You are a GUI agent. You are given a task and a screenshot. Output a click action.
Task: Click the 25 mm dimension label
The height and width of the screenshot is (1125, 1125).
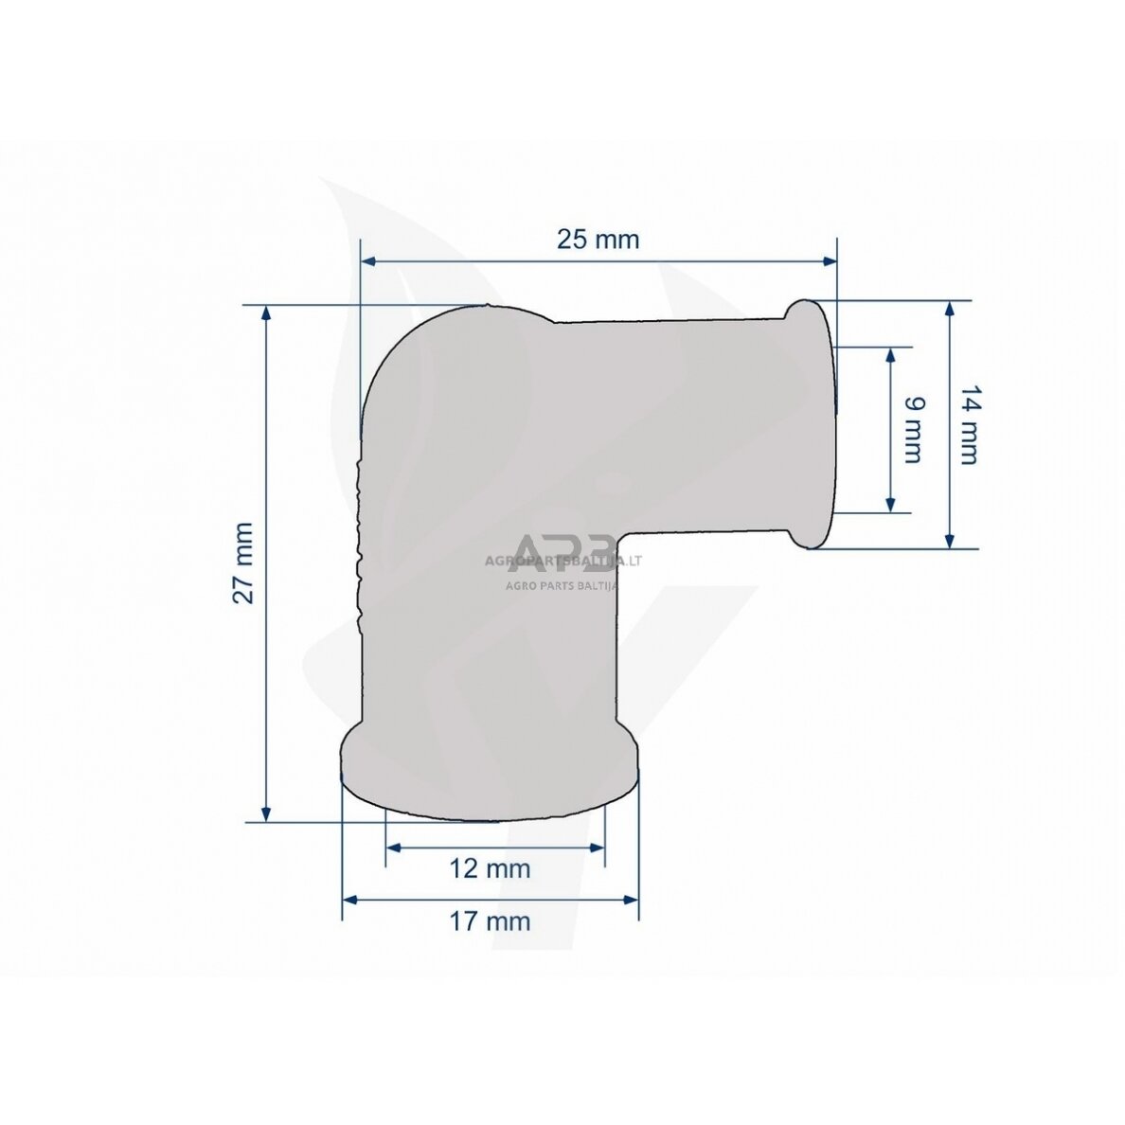click(598, 240)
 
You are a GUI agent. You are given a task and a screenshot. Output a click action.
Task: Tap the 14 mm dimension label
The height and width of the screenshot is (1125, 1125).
click(967, 424)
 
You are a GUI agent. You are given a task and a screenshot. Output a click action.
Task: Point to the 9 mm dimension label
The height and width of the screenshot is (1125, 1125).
click(911, 429)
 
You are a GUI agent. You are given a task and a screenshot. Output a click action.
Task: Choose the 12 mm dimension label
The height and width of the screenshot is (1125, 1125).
click(490, 867)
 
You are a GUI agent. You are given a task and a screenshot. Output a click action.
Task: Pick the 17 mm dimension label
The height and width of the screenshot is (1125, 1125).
click(490, 920)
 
